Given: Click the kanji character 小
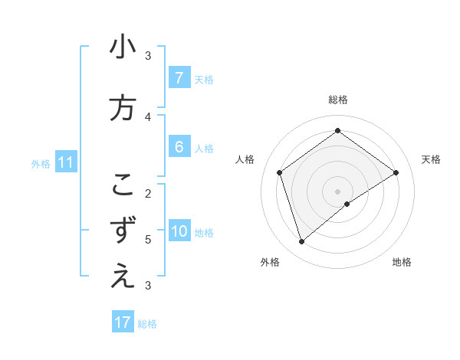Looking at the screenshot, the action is click(x=123, y=47).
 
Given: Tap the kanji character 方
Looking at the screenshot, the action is click(x=123, y=108).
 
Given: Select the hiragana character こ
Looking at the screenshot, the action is click(x=123, y=185).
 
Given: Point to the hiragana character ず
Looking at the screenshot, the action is click(x=123, y=231).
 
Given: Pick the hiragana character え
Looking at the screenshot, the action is click(x=123, y=277).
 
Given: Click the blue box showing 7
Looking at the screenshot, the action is click(x=179, y=78).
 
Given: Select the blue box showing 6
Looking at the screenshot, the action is click(x=179, y=147).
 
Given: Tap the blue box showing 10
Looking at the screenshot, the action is click(x=179, y=231).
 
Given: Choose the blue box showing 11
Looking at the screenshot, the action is click(x=65, y=162).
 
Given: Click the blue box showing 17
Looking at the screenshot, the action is click(x=123, y=322).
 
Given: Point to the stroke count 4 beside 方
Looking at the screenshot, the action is click(x=148, y=116).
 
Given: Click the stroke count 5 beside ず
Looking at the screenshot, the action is click(x=148, y=239).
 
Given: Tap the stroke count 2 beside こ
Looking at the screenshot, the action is click(x=148, y=193).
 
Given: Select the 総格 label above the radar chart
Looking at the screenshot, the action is click(x=338, y=100).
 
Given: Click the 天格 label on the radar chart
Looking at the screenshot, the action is click(x=431, y=159).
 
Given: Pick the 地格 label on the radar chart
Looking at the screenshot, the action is click(x=402, y=262).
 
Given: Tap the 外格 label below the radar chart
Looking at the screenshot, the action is click(x=270, y=262).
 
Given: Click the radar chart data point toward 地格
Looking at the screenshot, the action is click(x=347, y=204).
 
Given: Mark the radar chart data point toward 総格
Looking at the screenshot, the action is click(x=337, y=131).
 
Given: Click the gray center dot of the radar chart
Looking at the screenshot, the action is click(x=337, y=190).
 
